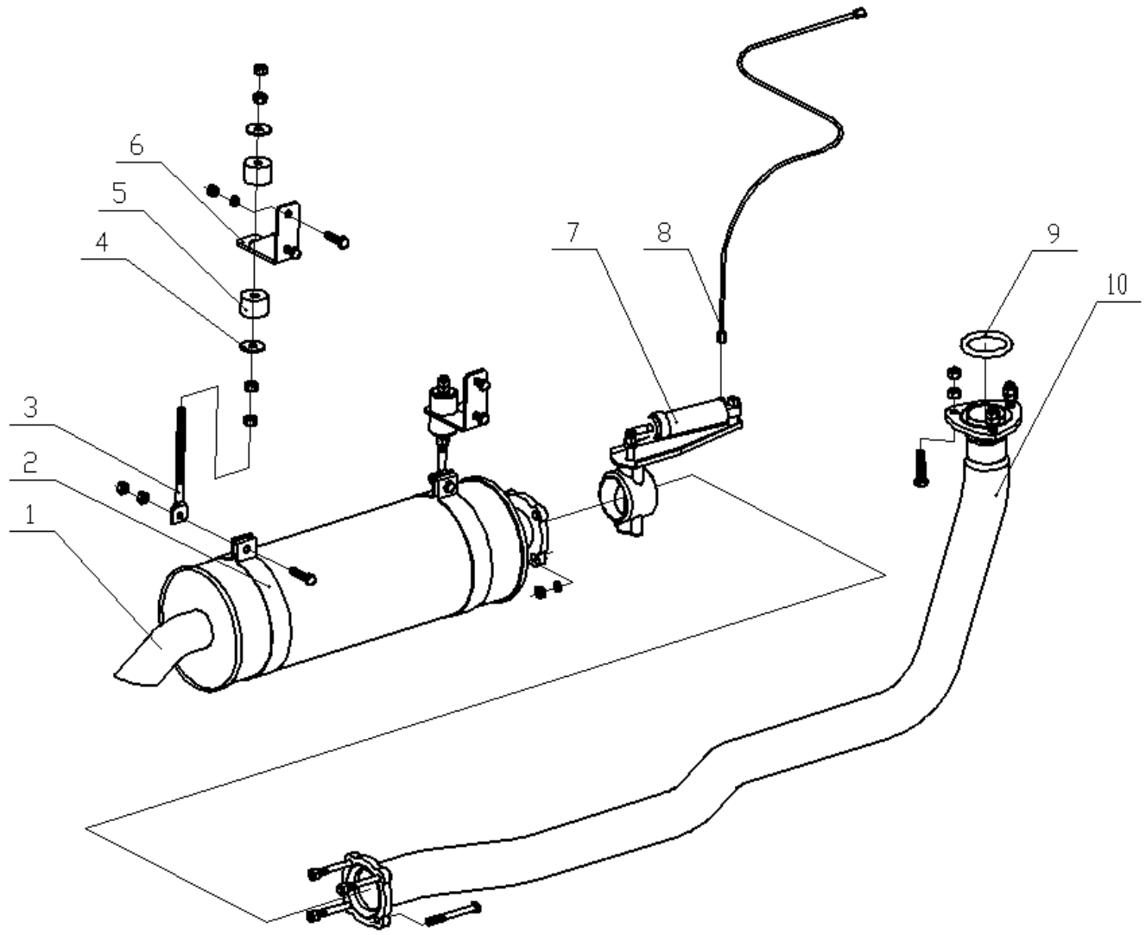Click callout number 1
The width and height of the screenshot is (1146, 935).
tap(31, 515)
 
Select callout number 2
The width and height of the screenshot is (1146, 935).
tap(31, 463)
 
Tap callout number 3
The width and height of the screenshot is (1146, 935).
tap(31, 407)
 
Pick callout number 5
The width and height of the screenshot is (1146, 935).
tap(119, 193)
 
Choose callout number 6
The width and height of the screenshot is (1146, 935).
tap(136, 145)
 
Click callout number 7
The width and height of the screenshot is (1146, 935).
tap(573, 232)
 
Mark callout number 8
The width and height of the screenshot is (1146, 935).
tap(663, 232)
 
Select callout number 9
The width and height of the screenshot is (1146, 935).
tap(1053, 233)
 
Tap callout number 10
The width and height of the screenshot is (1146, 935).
tap(1118, 285)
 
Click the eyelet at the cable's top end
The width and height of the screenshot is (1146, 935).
tap(858, 13)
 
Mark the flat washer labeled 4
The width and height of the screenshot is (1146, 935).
tap(253, 346)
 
